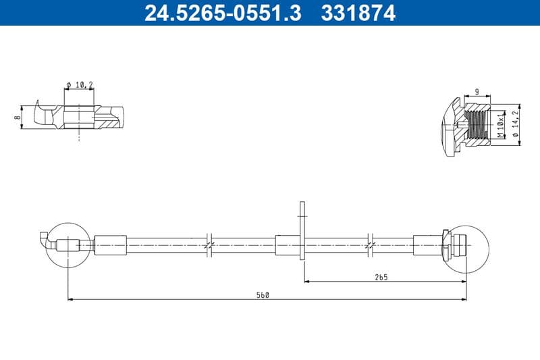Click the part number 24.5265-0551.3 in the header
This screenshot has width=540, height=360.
point(223,13)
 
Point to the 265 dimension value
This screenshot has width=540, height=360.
point(380,276)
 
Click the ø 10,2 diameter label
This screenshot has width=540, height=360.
point(80,84)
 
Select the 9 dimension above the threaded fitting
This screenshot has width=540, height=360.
point(477,92)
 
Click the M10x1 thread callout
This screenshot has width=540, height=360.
point(500,126)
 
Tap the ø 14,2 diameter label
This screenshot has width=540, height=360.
point(515,126)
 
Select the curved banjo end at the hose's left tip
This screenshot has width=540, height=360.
point(45,239)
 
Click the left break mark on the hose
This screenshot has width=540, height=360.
point(209,245)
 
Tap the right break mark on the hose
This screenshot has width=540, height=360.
point(370,245)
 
